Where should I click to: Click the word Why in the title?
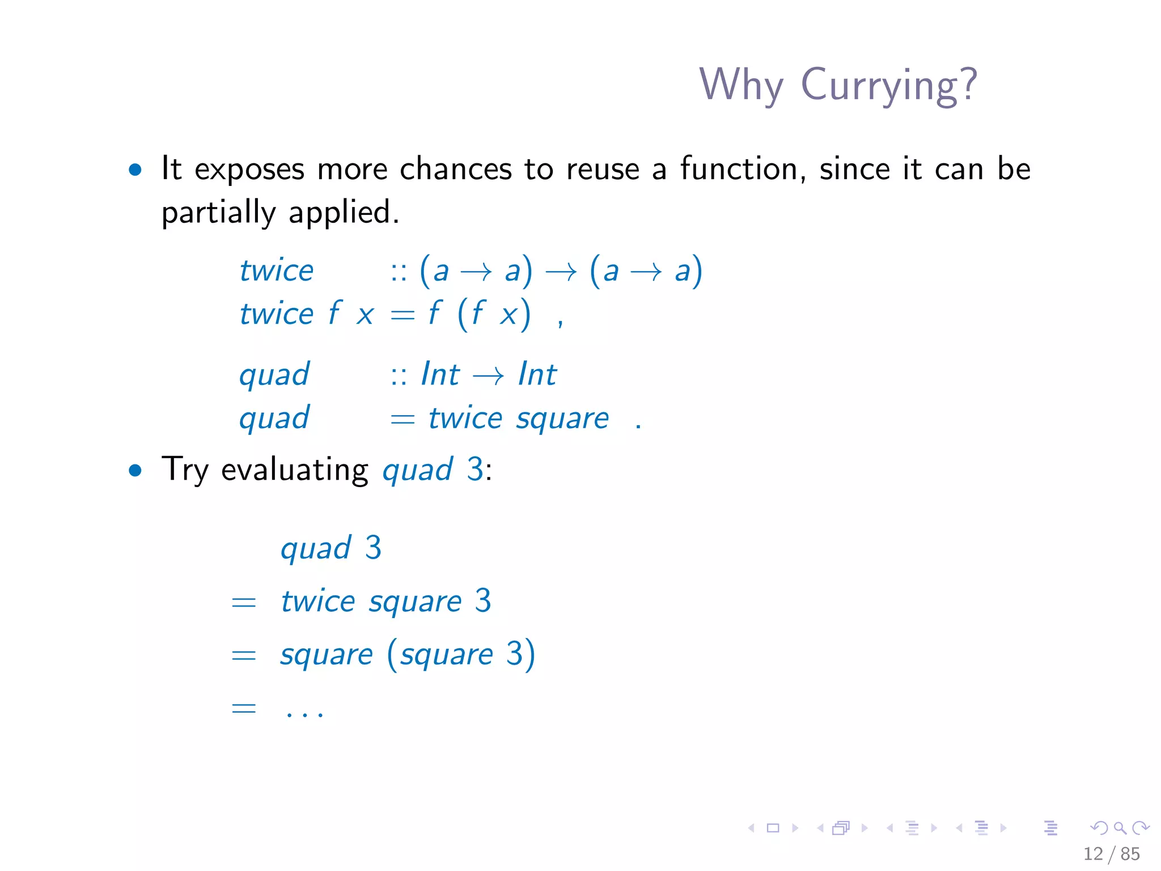(x=741, y=85)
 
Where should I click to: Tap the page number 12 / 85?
(x=1111, y=853)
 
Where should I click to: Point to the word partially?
(x=218, y=213)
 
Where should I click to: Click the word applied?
(x=344, y=213)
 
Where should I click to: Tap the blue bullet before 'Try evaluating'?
(x=135, y=470)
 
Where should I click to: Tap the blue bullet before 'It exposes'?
(x=135, y=170)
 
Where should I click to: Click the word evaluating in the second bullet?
(x=294, y=471)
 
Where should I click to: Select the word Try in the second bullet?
(x=185, y=471)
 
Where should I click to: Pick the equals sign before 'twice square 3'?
(x=244, y=602)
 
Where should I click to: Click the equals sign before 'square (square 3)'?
(x=244, y=656)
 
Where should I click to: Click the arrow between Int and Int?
(x=488, y=375)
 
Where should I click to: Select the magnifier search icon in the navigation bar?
(x=1120, y=828)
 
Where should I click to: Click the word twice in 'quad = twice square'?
(x=465, y=419)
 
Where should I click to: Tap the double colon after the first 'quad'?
(x=399, y=375)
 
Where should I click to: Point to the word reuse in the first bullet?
(x=603, y=170)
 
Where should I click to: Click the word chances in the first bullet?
(x=456, y=170)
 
